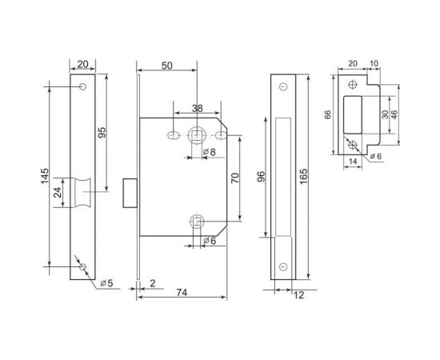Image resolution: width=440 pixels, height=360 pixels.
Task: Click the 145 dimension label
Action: (x=45, y=176)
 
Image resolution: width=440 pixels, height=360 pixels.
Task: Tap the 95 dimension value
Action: (x=102, y=132)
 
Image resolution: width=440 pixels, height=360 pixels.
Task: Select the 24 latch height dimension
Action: (x=58, y=193)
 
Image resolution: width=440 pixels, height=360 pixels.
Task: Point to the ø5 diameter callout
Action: (x=107, y=283)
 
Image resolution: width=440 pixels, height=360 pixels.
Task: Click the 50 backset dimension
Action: (x=167, y=66)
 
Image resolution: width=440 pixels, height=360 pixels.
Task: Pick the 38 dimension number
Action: (x=198, y=108)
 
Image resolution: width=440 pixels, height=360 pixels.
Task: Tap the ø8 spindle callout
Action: (x=210, y=152)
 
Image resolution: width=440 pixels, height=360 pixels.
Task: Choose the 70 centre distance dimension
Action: (x=235, y=178)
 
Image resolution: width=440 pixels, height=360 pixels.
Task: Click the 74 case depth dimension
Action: (x=182, y=293)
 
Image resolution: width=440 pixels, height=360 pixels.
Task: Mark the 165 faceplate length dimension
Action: (x=303, y=177)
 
